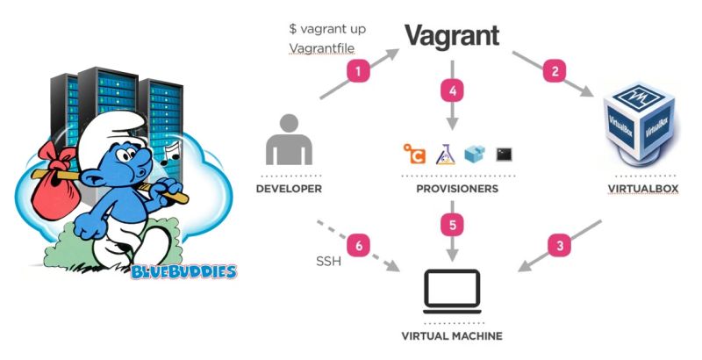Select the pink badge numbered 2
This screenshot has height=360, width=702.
pyautogui.click(x=554, y=71)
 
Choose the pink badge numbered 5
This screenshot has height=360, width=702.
pyautogui.click(x=452, y=225)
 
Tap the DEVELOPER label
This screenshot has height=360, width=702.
pyautogui.click(x=289, y=189)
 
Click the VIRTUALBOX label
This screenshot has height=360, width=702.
pyautogui.click(x=643, y=189)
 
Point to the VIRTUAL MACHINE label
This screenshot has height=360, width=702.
pyautogui.click(x=452, y=336)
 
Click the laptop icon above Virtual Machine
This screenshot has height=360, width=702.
pyautogui.click(x=452, y=291)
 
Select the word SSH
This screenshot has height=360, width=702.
pyautogui.click(x=327, y=263)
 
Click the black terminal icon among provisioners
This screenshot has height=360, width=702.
pyautogui.click(x=504, y=154)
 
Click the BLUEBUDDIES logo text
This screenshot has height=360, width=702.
pyautogui.click(x=183, y=271)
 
